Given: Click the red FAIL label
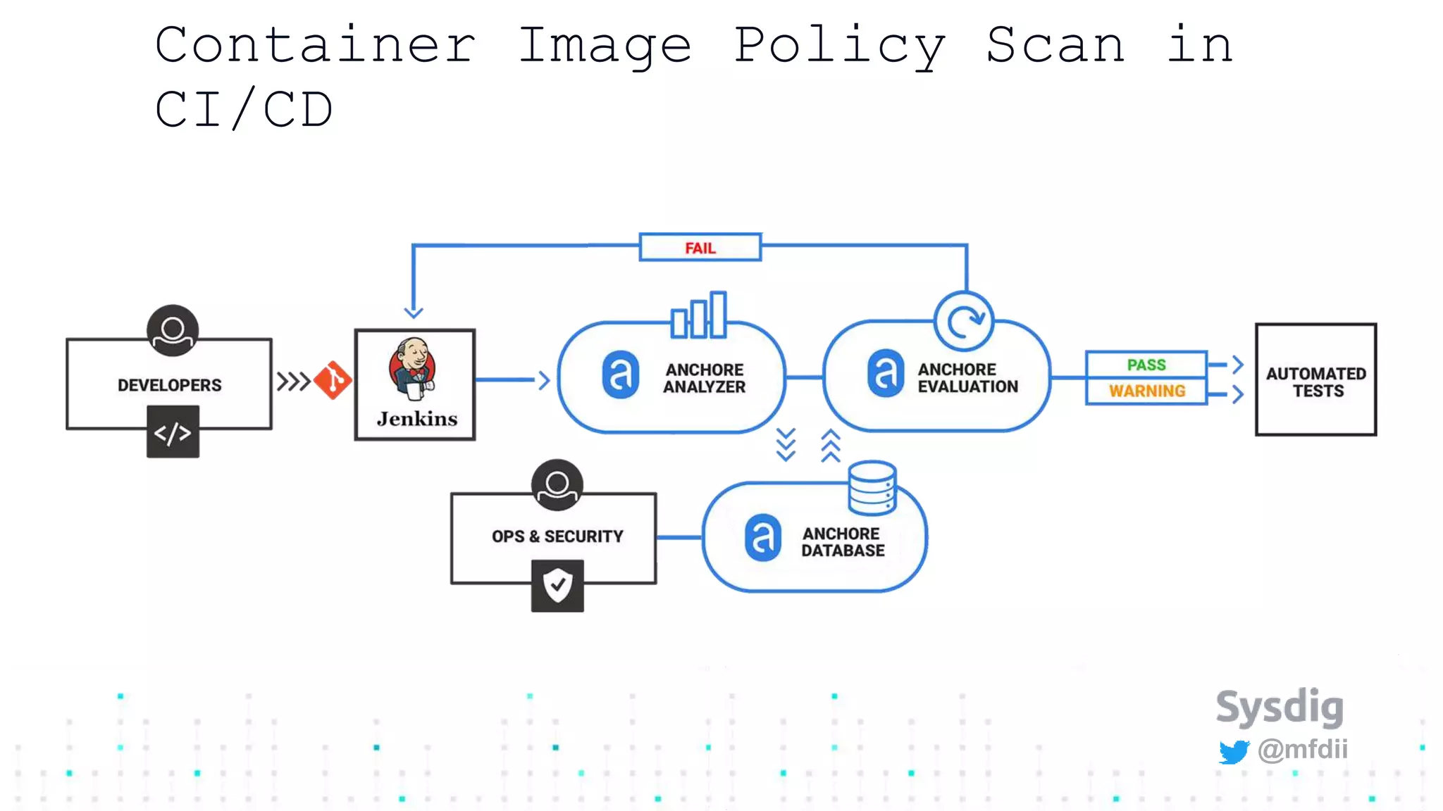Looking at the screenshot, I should pyautogui.click(x=700, y=248).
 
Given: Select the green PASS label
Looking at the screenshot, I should pyautogui.click(x=1146, y=365).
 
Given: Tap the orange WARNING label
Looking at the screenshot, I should pyautogui.click(x=1147, y=391).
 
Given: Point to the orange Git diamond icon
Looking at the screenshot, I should pyautogui.click(x=333, y=381).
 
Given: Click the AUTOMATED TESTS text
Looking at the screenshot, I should pyautogui.click(x=1316, y=382).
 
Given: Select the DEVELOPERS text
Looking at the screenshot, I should pyautogui.click(x=170, y=385).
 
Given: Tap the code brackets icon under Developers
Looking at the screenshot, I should pyautogui.click(x=173, y=432).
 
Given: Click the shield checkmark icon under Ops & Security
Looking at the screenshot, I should pyautogui.click(x=557, y=586).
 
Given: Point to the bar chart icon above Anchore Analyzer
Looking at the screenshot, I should pyautogui.click(x=699, y=315).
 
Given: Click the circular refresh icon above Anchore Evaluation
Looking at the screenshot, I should pyautogui.click(x=964, y=322).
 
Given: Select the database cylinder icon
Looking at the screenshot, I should pyautogui.click(x=872, y=488).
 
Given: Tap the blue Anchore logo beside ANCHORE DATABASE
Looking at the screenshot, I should pyautogui.click(x=763, y=538).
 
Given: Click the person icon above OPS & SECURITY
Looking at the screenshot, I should pyautogui.click(x=557, y=485).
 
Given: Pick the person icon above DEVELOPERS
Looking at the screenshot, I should pyautogui.click(x=173, y=330).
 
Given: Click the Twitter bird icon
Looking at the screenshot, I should pyautogui.click(x=1234, y=752).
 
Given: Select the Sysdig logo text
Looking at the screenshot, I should pyautogui.click(x=1280, y=707).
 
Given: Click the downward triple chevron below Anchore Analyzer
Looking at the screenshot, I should pyautogui.click(x=786, y=444).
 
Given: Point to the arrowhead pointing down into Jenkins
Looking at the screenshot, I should pyautogui.click(x=414, y=312).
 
